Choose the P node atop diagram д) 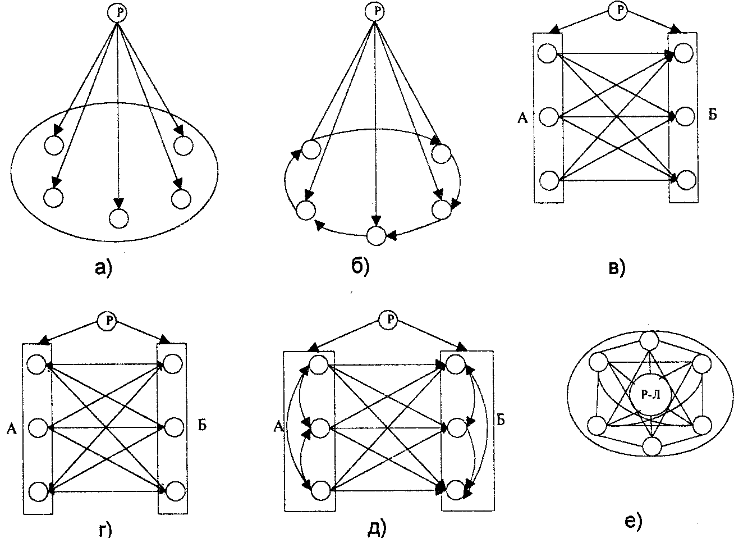[x=388, y=320]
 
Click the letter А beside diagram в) [x=522, y=118]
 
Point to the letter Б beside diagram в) [x=712, y=116]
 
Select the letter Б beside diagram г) [x=203, y=425]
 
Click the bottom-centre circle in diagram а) [x=118, y=218]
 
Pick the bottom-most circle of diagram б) [x=376, y=236]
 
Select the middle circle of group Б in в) [x=684, y=117]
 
